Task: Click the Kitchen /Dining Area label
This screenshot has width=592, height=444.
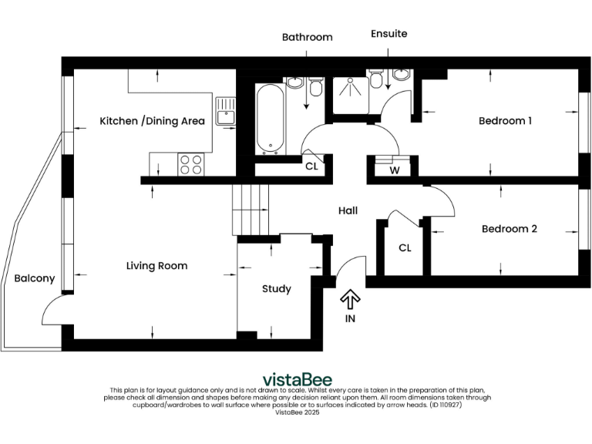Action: click(x=152, y=121)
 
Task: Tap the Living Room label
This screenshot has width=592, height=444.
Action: click(x=156, y=266)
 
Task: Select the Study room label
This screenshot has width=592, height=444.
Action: click(x=276, y=289)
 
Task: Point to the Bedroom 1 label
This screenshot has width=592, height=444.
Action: click(x=505, y=121)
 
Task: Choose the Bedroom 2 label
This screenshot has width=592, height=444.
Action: click(x=509, y=229)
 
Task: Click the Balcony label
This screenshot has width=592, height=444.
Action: click(x=35, y=278)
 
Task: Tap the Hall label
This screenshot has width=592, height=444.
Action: click(x=348, y=210)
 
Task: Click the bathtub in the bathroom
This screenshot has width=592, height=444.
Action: click(x=271, y=118)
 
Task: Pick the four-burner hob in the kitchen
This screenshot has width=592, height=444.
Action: click(x=191, y=163)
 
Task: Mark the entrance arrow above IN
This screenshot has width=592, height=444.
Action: click(x=350, y=298)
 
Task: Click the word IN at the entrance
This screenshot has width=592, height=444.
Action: click(x=350, y=318)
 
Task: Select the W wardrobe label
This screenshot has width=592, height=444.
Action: click(x=394, y=170)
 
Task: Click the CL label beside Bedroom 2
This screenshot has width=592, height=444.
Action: click(x=405, y=248)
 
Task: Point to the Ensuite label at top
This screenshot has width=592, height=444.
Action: click(x=388, y=34)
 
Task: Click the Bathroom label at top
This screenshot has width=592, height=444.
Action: click(x=307, y=37)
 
